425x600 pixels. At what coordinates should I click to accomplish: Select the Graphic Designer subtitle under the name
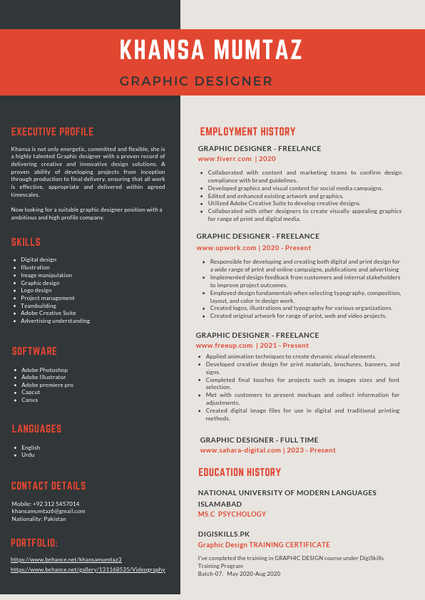pos(196,81)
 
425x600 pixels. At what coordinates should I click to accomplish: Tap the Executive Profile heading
pos(52,132)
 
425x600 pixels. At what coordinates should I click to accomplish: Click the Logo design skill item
pos(36,290)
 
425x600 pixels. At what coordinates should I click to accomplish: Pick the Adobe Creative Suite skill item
pos(48,313)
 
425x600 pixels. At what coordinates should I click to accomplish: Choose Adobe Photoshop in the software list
pos(44,370)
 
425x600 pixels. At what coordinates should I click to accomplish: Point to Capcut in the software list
pos(31,392)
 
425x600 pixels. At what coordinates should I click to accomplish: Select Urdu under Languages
pos(28,455)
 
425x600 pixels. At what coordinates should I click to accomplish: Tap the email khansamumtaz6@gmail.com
pos(48,511)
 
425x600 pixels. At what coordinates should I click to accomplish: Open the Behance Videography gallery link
pos(88,569)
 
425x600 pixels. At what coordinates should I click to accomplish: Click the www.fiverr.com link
pos(225,159)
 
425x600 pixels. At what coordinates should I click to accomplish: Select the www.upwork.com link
pos(226,248)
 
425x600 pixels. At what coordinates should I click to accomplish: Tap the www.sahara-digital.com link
pos(241,450)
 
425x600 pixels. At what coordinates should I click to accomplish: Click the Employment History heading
pos(247,132)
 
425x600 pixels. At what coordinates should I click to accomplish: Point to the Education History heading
pos(240,472)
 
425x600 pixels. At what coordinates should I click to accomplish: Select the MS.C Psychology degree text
pos(232,514)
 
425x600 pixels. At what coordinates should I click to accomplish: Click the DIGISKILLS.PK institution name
pos(224,534)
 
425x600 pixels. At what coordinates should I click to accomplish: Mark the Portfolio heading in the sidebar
pos(34,543)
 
